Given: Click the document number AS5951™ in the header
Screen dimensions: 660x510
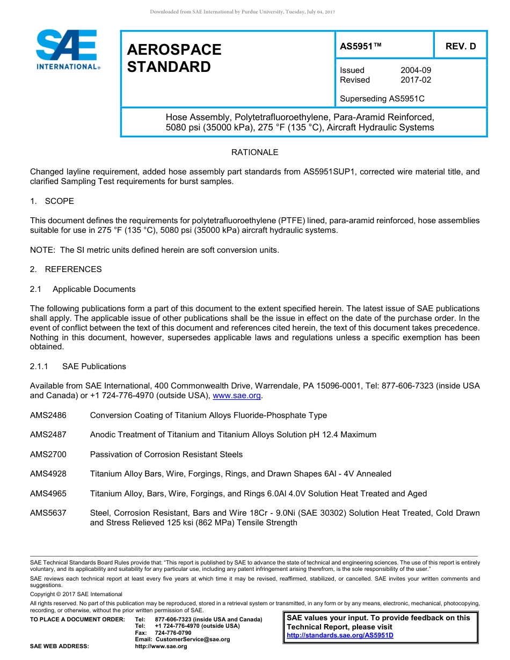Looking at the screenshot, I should (361, 47).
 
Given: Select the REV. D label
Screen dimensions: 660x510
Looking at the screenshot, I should (461, 47).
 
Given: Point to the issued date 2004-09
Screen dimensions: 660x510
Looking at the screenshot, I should (416, 70).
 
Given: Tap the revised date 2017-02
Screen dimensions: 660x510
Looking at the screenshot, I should (416, 80).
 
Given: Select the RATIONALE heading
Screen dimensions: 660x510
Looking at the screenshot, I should (254, 152).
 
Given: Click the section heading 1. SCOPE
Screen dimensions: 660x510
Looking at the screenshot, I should (52, 201).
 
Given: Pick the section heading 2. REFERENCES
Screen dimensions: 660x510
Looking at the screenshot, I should (65, 269).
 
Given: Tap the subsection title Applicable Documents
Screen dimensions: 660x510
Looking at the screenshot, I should (94, 289).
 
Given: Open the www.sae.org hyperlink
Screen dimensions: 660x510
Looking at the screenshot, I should (237, 396).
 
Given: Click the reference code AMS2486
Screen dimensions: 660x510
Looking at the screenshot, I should (48, 415).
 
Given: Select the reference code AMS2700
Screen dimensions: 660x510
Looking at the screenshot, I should (48, 454).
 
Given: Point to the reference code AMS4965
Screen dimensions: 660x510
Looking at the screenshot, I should (48, 494).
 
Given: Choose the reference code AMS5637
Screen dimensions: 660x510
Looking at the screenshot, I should (48, 513).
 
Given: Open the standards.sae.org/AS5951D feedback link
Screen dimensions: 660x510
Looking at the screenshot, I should (340, 635).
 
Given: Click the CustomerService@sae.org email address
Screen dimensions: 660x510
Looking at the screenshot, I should (192, 639).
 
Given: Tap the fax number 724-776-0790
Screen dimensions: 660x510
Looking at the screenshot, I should (173, 633).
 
